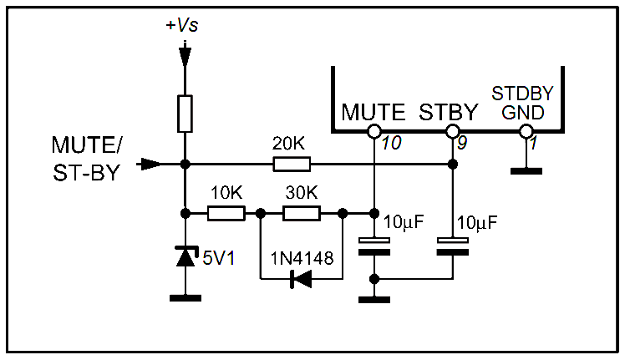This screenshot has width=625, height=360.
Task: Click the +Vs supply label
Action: [183, 26]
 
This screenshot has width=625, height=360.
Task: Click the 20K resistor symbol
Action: [292, 164]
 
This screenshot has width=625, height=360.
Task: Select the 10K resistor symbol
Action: [226, 213]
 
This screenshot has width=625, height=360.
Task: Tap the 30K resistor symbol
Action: [301, 213]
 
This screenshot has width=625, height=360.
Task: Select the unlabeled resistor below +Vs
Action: [185, 114]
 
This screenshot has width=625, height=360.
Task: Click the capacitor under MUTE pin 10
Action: [374, 246]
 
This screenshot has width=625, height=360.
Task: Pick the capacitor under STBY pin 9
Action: [452, 246]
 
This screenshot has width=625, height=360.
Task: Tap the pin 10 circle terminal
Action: [374, 131]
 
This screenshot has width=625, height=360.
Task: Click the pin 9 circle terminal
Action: [452, 131]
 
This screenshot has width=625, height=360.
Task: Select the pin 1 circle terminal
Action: [526, 131]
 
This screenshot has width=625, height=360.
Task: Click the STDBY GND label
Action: [523, 102]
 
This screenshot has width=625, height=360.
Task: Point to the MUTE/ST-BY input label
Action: [86, 159]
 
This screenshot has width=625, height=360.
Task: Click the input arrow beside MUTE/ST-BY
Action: [150, 164]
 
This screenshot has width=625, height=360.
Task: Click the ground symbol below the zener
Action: [185, 297]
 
